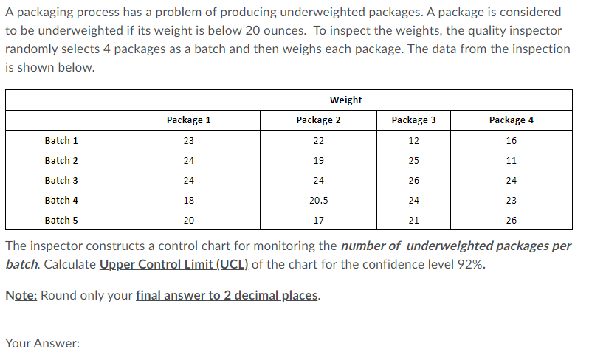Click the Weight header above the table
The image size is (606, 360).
click(345, 100)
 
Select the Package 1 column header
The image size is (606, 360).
click(188, 120)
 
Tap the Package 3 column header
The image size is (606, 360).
click(413, 120)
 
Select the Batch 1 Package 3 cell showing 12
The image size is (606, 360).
click(413, 140)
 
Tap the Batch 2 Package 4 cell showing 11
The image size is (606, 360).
click(512, 160)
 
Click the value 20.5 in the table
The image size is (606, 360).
click(318, 200)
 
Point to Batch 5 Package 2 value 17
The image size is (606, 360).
click(318, 220)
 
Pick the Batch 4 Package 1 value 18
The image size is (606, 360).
click(188, 200)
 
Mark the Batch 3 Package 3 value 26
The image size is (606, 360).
click(413, 180)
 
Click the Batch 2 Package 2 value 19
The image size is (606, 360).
click(318, 160)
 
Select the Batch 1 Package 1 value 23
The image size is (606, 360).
click(188, 140)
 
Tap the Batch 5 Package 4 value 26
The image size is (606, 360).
click(512, 220)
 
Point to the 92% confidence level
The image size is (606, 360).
click(469, 266)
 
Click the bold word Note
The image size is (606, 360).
click(21, 295)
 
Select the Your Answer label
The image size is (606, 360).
click(42, 343)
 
